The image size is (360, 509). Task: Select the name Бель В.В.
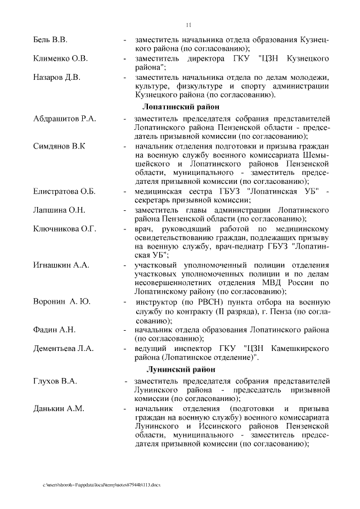point(49,40)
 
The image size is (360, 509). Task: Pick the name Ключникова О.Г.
point(64,228)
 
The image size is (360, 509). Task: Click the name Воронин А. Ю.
point(61,301)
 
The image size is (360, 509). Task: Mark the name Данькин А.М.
point(58,408)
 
